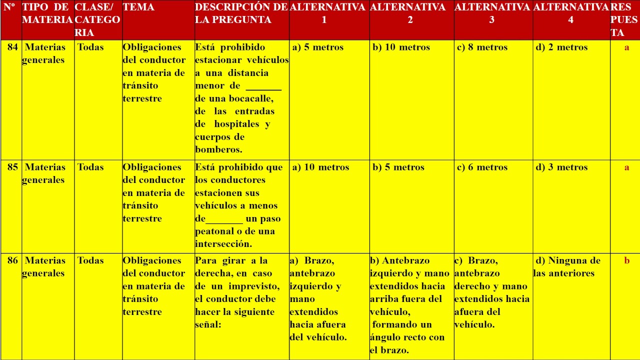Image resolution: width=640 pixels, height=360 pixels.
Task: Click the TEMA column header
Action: click(138, 7)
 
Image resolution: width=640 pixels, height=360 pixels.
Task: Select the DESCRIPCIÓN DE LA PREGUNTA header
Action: click(241, 13)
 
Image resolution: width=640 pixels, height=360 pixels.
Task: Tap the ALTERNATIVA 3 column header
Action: click(492, 13)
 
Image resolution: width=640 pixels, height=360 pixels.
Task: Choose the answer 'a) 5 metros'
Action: click(318, 47)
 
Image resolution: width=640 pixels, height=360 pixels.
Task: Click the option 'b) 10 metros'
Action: click(401, 47)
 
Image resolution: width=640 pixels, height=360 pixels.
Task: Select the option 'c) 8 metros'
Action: click(482, 47)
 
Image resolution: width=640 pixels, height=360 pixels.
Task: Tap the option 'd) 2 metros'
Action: click(561, 47)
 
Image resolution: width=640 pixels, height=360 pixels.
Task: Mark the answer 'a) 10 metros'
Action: click(320, 167)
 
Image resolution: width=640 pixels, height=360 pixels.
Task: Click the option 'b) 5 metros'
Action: click(398, 167)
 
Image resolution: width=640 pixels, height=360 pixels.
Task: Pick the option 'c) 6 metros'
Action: click(482, 167)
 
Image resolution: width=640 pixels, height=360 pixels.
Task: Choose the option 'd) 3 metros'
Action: click(561, 167)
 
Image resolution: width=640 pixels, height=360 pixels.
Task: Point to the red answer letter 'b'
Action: click(626, 260)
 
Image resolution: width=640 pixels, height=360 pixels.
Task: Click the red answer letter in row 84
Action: click(626, 47)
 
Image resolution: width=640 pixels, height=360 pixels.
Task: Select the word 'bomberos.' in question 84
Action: click(218, 149)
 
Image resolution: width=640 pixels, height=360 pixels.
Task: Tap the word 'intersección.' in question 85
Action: click(223, 244)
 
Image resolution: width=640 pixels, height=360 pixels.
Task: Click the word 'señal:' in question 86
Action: click(207, 324)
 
